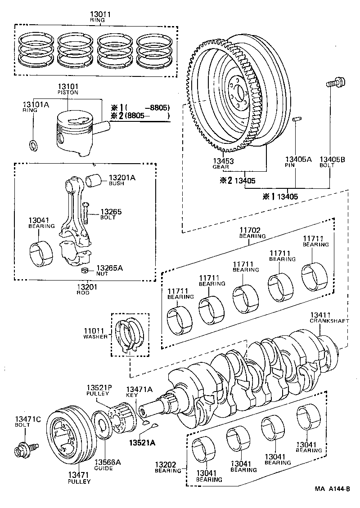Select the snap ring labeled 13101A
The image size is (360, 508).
pyautogui.click(x=33, y=145)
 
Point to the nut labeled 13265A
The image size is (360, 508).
pyautogui.click(x=84, y=271)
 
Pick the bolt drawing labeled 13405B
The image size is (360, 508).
pyautogui.click(x=333, y=83)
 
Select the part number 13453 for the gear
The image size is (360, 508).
pyautogui.click(x=224, y=160)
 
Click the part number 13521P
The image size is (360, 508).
pyautogui.click(x=98, y=388)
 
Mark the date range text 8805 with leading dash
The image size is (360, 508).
pyautogui.click(x=157, y=107)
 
